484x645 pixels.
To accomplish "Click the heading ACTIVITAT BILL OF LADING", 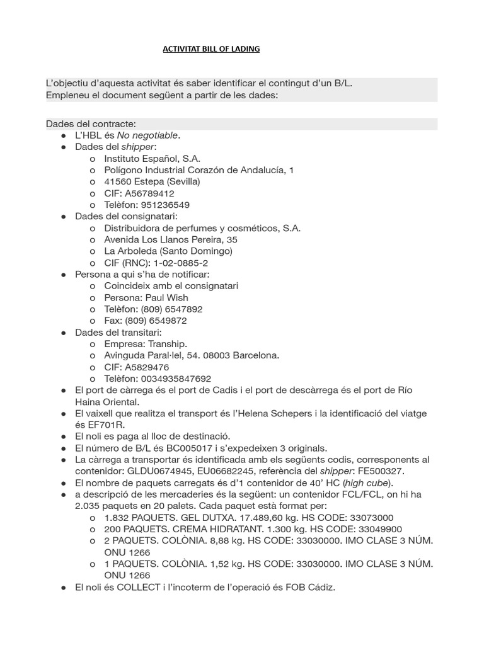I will point(211,49).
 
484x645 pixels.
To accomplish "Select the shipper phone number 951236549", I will point(167,205).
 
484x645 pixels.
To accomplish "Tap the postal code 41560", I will point(117,181).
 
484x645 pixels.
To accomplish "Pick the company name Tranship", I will point(167,344).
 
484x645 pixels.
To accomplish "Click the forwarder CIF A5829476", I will point(146,367).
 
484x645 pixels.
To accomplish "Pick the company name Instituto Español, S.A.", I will point(153,158).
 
